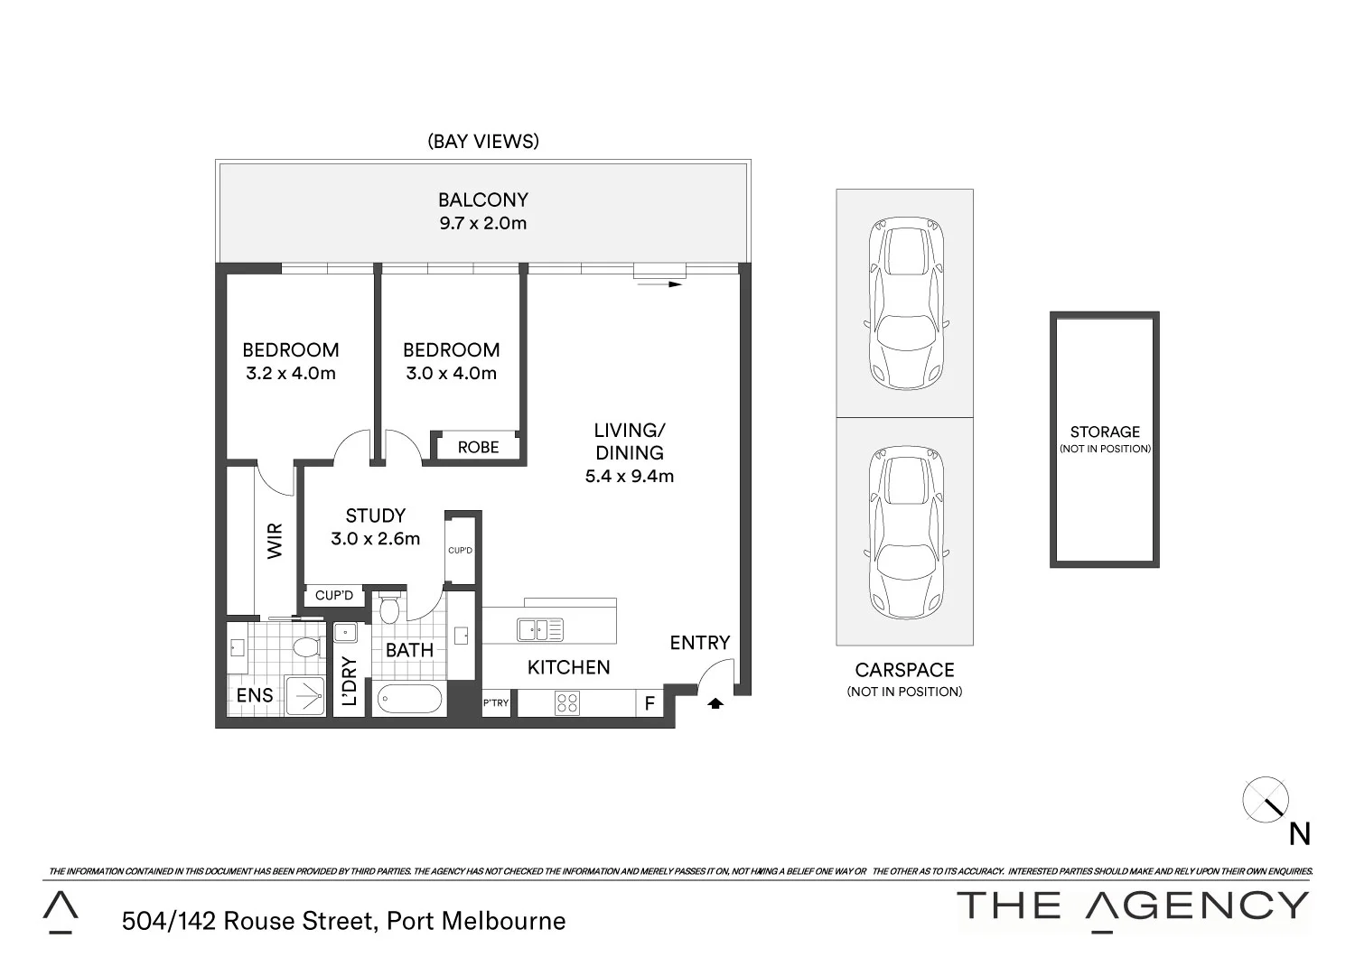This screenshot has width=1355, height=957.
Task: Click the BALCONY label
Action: click(x=482, y=200)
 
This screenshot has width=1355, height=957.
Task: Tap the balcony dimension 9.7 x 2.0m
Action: click(x=482, y=223)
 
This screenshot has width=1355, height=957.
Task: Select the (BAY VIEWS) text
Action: click(x=482, y=141)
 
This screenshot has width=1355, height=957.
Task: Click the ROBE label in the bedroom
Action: click(x=478, y=447)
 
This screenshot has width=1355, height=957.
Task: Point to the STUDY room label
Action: click(x=375, y=516)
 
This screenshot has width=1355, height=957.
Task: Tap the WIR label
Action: click(x=276, y=540)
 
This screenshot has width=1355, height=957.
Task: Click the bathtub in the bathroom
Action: click(x=409, y=698)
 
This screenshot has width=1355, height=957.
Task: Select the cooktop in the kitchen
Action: click(x=567, y=702)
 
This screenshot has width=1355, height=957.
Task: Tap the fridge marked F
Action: click(x=649, y=703)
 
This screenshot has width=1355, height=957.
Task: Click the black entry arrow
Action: click(x=715, y=703)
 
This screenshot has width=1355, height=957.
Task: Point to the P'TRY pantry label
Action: click(x=496, y=703)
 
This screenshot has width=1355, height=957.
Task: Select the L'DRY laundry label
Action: click(x=350, y=681)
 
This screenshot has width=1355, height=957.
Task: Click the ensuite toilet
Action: click(x=307, y=646)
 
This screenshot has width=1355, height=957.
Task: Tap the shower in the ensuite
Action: click(x=305, y=696)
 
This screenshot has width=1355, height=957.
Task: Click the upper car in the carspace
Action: click(x=905, y=303)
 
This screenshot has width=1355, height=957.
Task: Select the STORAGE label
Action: click(x=1105, y=432)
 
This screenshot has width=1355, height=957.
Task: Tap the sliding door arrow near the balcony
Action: click(x=659, y=284)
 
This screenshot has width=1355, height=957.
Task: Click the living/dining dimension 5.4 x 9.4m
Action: click(x=629, y=476)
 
